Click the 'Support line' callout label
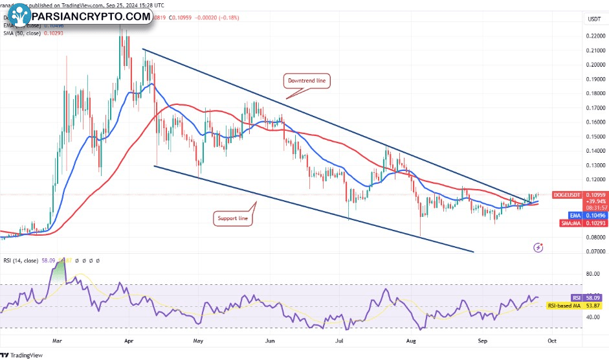coord(232,219)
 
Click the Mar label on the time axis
coord(57,339)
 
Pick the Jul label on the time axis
coord(339,339)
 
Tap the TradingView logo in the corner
coord(26,354)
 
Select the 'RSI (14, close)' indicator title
coord(19,260)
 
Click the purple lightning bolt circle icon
coord(538,247)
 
